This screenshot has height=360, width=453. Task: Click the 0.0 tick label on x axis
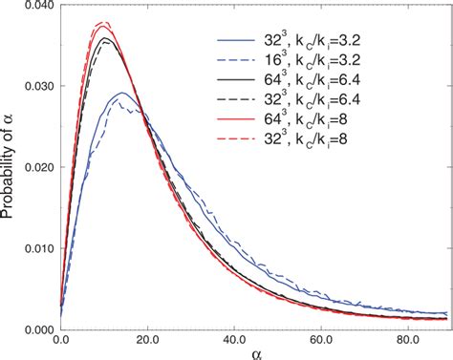point(61,340)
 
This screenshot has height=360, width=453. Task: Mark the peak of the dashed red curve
point(104,21)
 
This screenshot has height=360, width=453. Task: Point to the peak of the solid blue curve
point(121,94)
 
